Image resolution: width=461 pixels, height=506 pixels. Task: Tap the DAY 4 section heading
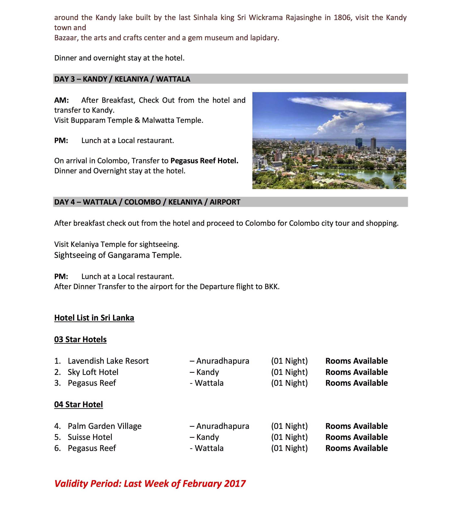pos(147,202)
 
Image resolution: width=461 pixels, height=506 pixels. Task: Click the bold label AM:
pos(61,100)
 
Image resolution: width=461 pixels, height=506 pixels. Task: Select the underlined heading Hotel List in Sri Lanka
pos(94,318)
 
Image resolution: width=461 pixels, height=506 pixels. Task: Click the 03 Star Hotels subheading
pos(80,339)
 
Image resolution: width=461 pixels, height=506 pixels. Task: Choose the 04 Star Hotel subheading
pos(78,404)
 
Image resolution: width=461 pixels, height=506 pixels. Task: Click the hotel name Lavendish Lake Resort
pos(108,361)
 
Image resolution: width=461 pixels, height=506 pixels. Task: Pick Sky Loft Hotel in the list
pos(93,372)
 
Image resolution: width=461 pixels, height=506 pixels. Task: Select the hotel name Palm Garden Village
pos(104,426)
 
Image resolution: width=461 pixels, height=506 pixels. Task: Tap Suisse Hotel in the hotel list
pos(90,437)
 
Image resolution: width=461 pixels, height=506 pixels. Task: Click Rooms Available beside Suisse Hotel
pos(356,437)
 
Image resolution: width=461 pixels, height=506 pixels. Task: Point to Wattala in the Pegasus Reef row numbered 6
pos(209,448)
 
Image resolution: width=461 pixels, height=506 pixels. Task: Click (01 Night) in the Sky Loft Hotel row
pos(289,372)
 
